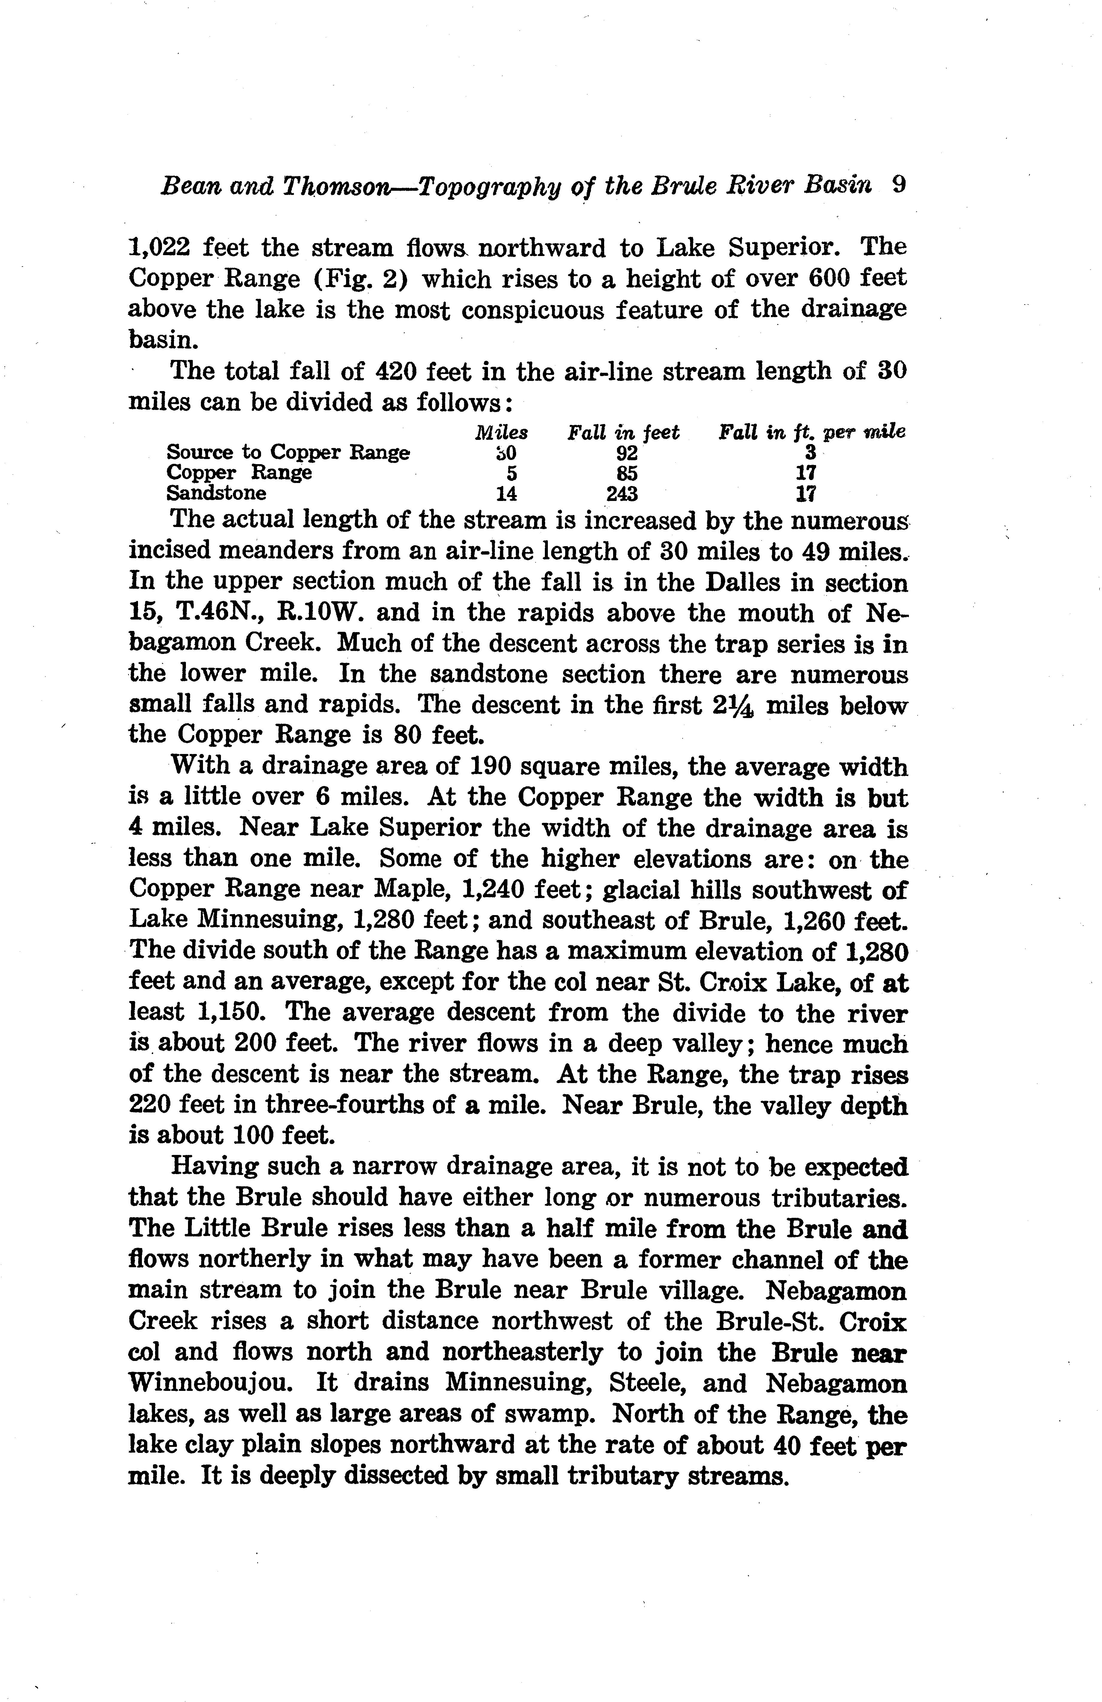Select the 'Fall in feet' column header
(623, 433)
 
